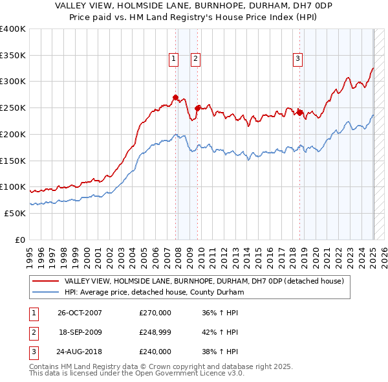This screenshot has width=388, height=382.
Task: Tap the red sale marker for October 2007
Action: pyautogui.click(x=175, y=98)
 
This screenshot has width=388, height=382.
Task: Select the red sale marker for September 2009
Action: pyautogui.click(x=197, y=108)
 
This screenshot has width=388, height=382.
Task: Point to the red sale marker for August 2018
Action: pyautogui.click(x=300, y=113)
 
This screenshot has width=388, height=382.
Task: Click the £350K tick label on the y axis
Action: pyautogui.click(x=13, y=55)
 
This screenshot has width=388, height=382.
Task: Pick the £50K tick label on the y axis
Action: pyautogui.click(x=16, y=213)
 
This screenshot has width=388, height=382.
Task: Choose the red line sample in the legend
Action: pyautogui.click(x=45, y=281)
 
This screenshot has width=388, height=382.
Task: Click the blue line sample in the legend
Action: pyautogui.click(x=45, y=292)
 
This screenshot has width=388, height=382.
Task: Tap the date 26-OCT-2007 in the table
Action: pyautogui.click(x=80, y=313)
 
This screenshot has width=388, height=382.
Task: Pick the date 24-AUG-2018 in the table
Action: pyautogui.click(x=80, y=352)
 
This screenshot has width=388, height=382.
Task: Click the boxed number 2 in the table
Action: pyautogui.click(x=32, y=332)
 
